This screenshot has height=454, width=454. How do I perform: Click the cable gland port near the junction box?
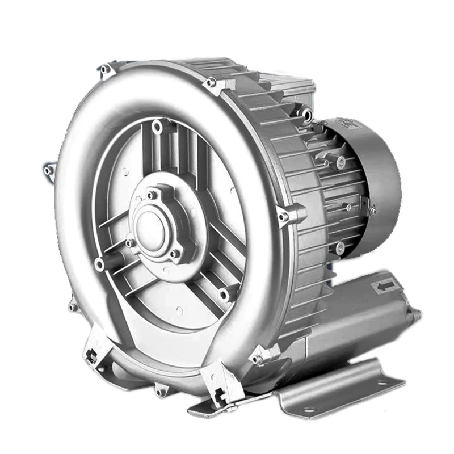point(307,115)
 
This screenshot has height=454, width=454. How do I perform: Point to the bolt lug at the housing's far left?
point(49,169)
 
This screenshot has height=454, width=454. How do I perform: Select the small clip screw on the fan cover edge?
point(373,212)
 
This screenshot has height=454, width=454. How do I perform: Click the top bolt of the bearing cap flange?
point(152,195)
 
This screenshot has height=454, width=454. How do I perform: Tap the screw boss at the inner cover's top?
point(157,128)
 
